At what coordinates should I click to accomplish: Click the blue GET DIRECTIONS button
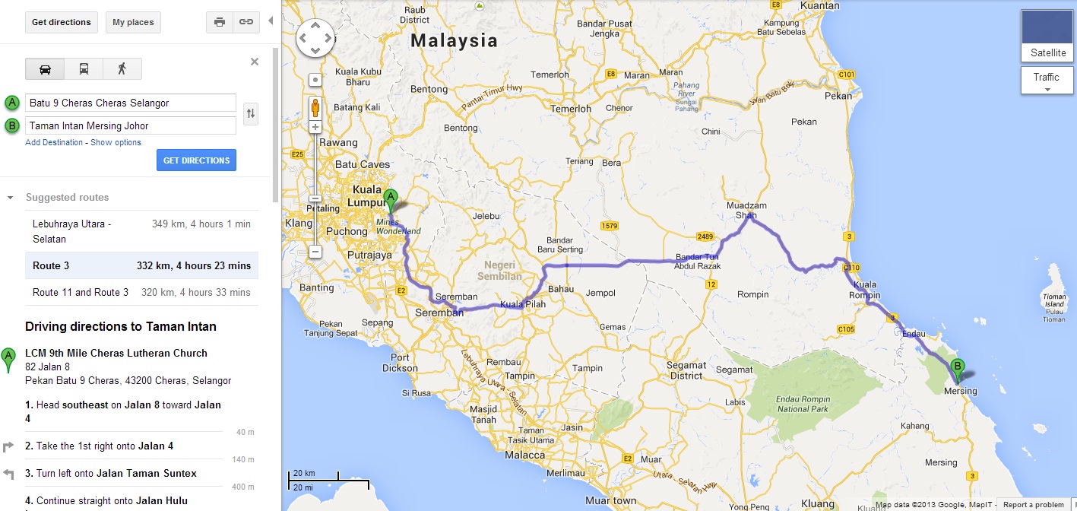click(x=196, y=160)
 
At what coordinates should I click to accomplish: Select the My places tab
click(x=133, y=22)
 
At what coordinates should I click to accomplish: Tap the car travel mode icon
click(x=45, y=68)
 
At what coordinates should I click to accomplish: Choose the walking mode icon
click(x=122, y=68)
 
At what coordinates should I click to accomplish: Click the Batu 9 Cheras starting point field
click(x=131, y=103)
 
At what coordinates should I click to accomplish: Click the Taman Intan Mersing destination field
click(x=131, y=125)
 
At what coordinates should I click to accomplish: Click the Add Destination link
click(x=53, y=142)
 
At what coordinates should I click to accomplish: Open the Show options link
click(x=116, y=142)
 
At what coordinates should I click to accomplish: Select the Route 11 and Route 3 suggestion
click(x=141, y=292)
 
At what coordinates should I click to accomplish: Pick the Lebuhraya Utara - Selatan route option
click(x=141, y=231)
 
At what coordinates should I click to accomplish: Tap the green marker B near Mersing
click(x=958, y=370)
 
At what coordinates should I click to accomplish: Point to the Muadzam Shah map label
click(x=746, y=211)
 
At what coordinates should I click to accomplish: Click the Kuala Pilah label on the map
click(x=522, y=304)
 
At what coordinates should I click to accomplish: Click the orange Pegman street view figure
click(x=315, y=107)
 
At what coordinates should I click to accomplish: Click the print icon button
click(x=220, y=22)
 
